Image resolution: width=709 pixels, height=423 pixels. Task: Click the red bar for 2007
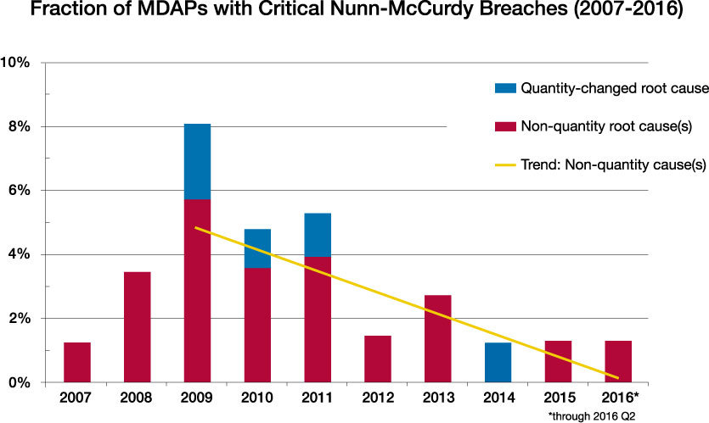point(77,363)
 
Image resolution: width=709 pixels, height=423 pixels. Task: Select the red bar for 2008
point(138,327)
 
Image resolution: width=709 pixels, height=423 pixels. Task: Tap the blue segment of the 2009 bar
point(197,162)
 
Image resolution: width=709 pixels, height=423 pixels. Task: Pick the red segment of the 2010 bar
point(258,325)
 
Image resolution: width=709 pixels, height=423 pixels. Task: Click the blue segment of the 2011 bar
point(318,235)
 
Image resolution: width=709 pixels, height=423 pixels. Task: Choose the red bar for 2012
point(378,359)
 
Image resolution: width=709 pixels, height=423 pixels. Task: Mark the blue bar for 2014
point(498,363)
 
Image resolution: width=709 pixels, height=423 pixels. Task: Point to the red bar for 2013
point(438,338)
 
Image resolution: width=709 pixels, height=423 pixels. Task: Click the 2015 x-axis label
point(560,398)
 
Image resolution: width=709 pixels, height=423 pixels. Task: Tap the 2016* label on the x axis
point(620,398)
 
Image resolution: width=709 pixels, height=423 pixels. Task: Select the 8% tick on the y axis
point(20,126)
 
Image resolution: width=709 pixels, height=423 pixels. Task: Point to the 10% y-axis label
point(15,62)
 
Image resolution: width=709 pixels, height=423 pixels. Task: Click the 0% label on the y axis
point(20,382)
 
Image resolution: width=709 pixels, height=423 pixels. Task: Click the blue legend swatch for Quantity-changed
point(505,88)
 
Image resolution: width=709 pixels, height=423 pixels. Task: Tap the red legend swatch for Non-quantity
point(505,126)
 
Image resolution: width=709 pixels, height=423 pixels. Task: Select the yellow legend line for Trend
point(505,164)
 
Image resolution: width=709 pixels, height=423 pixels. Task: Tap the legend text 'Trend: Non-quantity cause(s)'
point(614,164)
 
